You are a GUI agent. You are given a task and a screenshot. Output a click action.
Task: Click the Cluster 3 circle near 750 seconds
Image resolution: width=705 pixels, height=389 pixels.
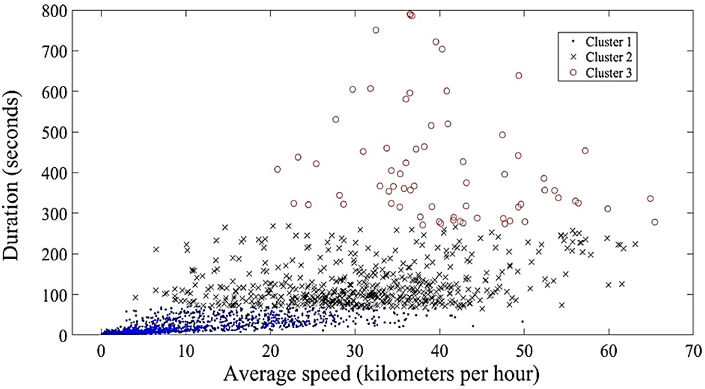pyautogui.click(x=376, y=30)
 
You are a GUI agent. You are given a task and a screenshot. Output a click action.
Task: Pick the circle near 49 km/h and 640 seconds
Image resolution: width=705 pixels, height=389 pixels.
pyautogui.click(x=519, y=75)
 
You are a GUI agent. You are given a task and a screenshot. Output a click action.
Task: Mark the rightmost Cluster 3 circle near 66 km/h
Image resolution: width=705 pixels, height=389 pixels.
pyautogui.click(x=655, y=222)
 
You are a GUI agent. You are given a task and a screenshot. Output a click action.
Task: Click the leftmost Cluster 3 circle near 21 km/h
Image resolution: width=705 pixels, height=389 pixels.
pyautogui.click(x=277, y=169)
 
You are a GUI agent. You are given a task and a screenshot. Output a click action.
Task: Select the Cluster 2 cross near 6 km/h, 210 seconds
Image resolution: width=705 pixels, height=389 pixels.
pyautogui.click(x=156, y=250)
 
